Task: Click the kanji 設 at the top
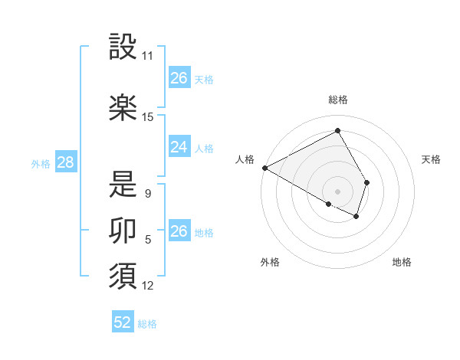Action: click(x=123, y=47)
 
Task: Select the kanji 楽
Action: click(x=123, y=108)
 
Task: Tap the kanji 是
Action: click(x=123, y=185)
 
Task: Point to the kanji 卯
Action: click(x=123, y=229)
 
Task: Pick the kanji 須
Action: click(x=123, y=277)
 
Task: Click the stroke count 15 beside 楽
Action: click(x=148, y=117)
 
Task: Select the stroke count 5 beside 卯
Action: click(x=148, y=240)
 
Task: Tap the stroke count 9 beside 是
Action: click(x=148, y=194)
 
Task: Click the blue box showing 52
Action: click(x=123, y=322)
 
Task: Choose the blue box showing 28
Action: click(x=65, y=163)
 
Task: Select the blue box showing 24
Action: click(x=179, y=147)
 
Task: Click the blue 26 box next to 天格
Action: click(x=179, y=78)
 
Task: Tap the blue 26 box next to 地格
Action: click(x=179, y=231)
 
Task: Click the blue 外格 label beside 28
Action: click(x=41, y=164)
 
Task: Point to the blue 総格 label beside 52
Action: click(x=147, y=324)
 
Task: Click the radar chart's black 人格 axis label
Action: click(x=245, y=159)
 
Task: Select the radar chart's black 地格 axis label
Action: click(x=402, y=262)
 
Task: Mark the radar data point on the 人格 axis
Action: click(x=264, y=167)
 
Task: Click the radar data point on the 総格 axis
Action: click(x=337, y=130)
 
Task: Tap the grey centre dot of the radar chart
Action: click(x=337, y=191)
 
